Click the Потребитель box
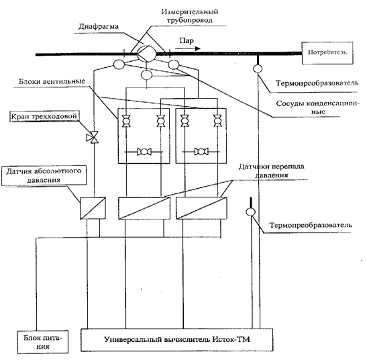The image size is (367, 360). (x=327, y=53)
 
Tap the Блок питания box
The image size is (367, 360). (x=43, y=342)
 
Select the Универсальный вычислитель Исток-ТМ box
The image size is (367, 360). (x=176, y=340)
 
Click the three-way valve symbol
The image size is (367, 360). (x=93, y=138)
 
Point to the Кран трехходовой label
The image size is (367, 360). (x=44, y=116)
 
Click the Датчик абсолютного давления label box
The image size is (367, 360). (x=44, y=175)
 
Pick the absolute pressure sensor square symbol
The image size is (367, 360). (x=93, y=208)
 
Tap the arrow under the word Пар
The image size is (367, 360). (x=188, y=48)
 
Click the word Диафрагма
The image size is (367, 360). (x=99, y=26)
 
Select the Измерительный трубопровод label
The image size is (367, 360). (x=189, y=15)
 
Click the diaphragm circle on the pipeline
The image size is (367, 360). (x=146, y=54)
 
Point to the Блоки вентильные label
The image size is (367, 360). (x=52, y=81)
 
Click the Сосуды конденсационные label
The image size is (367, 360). (x=317, y=107)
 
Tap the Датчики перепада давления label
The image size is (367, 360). (x=272, y=171)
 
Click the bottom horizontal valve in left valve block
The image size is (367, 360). (x=144, y=152)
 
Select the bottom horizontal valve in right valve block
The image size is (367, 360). (x=201, y=152)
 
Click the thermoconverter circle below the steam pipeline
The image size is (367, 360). (x=258, y=69)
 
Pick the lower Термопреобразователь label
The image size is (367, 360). (x=311, y=225)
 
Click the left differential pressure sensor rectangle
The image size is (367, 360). (x=144, y=208)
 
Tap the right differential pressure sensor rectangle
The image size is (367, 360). (x=201, y=208)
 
